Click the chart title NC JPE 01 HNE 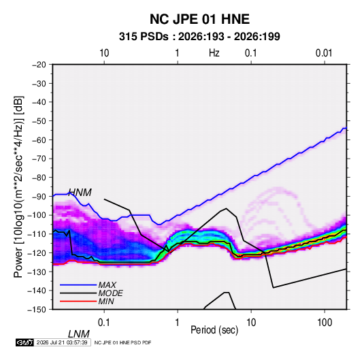click(x=199, y=19)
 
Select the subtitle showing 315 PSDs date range click(x=199, y=37)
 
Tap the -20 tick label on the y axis click(x=39, y=65)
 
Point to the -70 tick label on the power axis click(x=39, y=159)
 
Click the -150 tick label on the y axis click(x=37, y=310)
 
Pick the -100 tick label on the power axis click(x=37, y=215)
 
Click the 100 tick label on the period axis click(x=325, y=323)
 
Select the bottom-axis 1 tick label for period click(x=178, y=323)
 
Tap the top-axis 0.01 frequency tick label click(x=324, y=53)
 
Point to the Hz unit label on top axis click(x=214, y=53)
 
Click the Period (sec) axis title click(x=214, y=330)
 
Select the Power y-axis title click(x=18, y=187)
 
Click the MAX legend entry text click(x=107, y=285)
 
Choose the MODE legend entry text click(x=110, y=293)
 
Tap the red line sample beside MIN click(x=78, y=301)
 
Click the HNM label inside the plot click(x=80, y=193)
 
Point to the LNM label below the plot click(x=78, y=334)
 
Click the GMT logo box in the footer click(x=24, y=342)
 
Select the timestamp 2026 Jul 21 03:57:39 click(x=62, y=342)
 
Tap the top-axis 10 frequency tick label click(x=104, y=53)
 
